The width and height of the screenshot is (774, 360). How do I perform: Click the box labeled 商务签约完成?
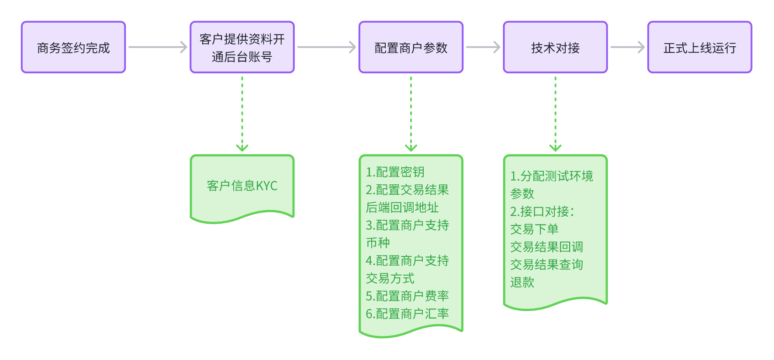(73, 47)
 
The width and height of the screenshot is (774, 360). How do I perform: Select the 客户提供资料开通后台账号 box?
(242, 47)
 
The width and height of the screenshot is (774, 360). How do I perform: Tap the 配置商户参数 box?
(411, 47)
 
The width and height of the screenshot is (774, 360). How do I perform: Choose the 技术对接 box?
(555, 47)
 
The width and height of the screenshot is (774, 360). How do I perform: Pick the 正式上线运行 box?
(699, 47)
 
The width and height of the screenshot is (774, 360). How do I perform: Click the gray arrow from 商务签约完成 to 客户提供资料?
(158, 47)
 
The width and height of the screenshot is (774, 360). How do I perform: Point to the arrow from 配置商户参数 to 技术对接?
(483, 47)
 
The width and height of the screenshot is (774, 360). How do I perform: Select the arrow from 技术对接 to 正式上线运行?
(627, 47)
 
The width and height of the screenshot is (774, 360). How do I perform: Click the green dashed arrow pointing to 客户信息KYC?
(242, 114)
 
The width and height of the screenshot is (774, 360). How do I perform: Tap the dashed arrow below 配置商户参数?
(411, 114)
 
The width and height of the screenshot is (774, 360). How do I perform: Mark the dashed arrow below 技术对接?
(555, 114)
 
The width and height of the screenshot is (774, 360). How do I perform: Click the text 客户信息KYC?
(242, 186)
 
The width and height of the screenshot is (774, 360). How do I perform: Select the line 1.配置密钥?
(395, 172)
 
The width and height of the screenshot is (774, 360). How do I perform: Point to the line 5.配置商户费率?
(407, 296)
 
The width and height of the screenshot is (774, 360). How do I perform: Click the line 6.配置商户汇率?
(407, 314)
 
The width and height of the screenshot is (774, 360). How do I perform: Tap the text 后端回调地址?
(402, 208)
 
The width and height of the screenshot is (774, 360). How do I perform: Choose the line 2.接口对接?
(542, 211)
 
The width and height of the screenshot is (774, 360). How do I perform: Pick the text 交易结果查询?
(546, 264)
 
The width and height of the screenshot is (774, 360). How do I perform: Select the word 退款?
(522, 282)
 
